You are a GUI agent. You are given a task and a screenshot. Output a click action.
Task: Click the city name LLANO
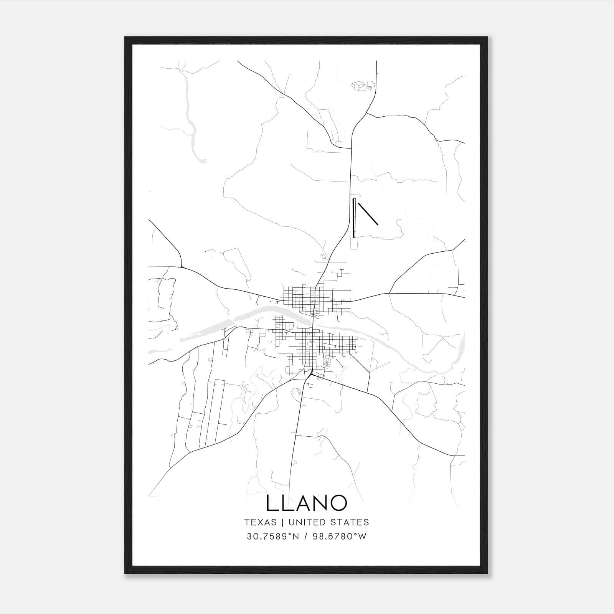point(306,503)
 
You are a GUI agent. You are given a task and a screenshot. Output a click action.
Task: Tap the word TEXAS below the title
point(260,522)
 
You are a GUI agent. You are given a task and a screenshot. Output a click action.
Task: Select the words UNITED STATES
point(328,522)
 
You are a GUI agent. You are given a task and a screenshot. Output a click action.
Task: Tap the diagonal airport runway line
point(368,213)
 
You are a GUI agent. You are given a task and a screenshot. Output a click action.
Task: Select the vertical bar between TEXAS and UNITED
point(282,522)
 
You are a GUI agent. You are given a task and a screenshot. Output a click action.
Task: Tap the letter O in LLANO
point(338,503)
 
